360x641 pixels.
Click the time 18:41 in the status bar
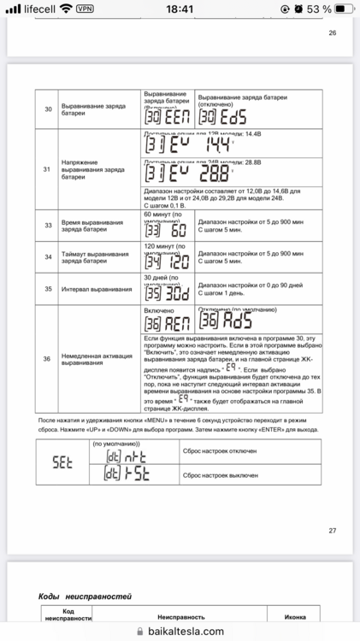[x=180, y=8]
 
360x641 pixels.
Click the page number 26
[x=332, y=33]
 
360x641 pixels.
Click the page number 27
[x=332, y=530]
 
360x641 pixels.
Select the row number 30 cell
[x=48, y=109]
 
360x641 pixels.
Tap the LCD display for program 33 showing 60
[x=166, y=231]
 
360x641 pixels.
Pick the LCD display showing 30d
[x=166, y=291]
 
